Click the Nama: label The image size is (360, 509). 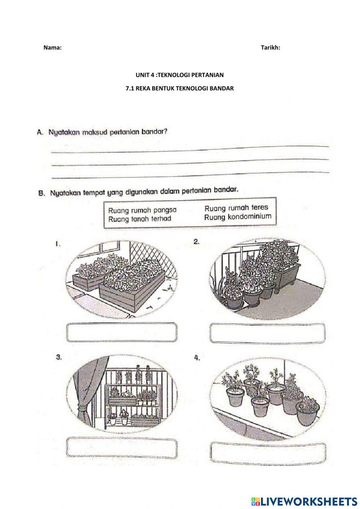(53, 48)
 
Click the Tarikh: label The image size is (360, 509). (270, 48)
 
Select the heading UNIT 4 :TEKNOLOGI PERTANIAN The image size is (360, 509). (179, 75)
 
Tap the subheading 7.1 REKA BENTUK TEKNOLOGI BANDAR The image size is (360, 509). (179, 88)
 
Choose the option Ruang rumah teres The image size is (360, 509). (236, 208)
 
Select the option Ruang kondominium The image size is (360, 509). (237, 217)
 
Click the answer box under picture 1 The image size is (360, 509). (122, 332)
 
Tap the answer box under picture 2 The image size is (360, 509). (267, 332)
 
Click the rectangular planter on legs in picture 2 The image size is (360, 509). (287, 274)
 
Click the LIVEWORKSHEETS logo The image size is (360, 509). (303, 501)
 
